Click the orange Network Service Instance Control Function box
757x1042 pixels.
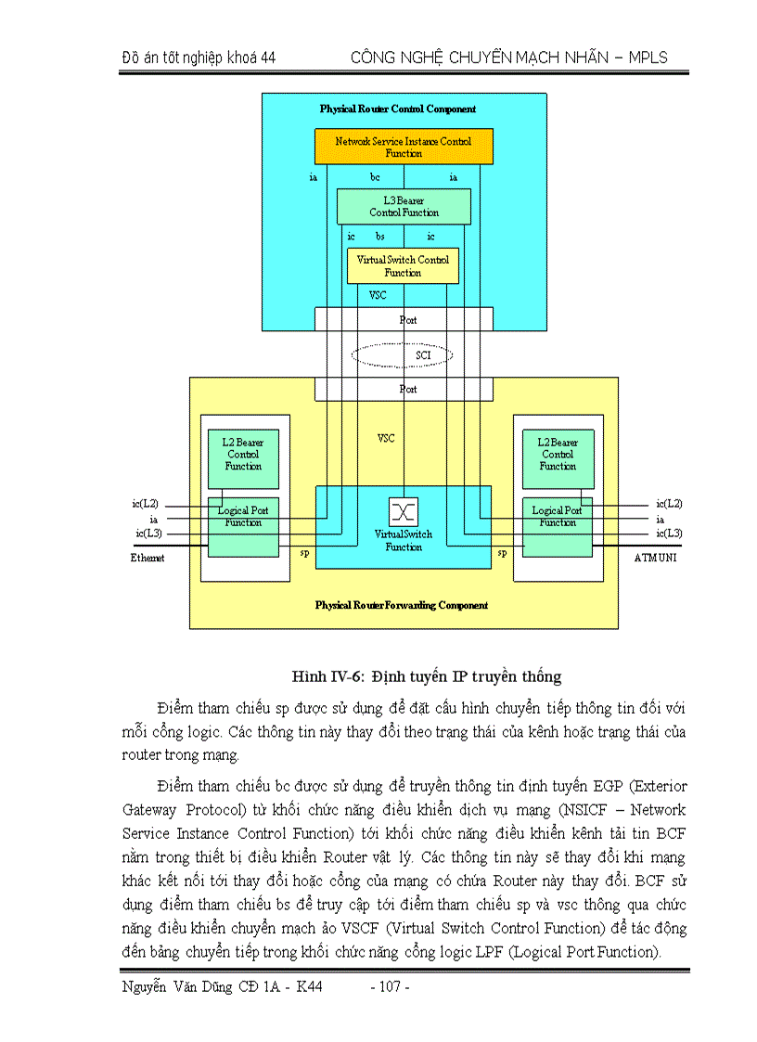click(403, 147)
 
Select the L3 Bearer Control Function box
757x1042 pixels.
click(404, 206)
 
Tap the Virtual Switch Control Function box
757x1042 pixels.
click(403, 266)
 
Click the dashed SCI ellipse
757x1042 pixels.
click(403, 355)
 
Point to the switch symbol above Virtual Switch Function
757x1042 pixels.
click(404, 511)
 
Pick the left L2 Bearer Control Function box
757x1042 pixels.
click(243, 455)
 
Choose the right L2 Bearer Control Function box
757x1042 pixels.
click(558, 455)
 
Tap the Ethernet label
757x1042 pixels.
click(148, 559)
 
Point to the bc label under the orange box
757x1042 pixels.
click(375, 176)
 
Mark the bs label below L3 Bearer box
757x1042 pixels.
click(379, 238)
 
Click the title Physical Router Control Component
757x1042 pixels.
click(398, 109)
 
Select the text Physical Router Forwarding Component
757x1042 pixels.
click(402, 605)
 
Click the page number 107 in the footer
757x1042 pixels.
click(390, 986)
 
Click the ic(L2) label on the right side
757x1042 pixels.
click(668, 504)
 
